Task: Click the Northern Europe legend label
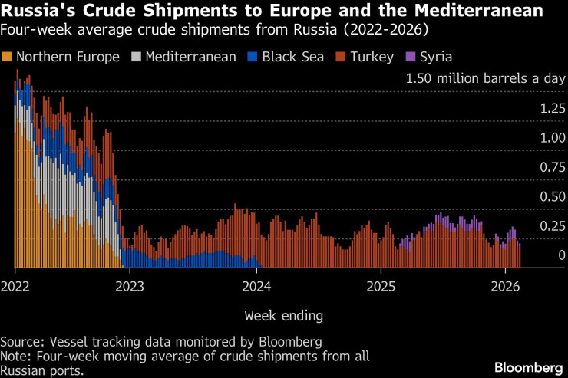tap(68, 58)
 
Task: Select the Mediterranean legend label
tap(190, 58)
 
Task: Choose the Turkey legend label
tap(373, 58)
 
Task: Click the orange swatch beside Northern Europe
tap(8, 58)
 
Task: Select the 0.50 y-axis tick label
tap(551, 197)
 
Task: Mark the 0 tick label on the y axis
tap(561, 255)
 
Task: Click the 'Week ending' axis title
tap(283, 315)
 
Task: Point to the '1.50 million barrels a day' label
tap(485, 79)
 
